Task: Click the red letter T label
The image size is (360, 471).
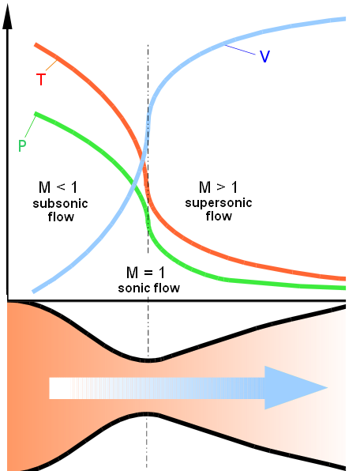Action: (41, 80)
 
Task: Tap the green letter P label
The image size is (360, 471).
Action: (22, 145)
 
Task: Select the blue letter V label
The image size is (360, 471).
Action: (264, 56)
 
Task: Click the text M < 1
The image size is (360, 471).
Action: (58, 187)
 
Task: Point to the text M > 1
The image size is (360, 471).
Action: (218, 187)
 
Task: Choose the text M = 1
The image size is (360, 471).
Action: (146, 273)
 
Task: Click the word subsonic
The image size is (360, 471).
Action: (60, 204)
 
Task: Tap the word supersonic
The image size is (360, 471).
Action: (219, 203)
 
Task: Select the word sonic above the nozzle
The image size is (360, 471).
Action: (132, 288)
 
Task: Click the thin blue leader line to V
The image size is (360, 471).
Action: (240, 50)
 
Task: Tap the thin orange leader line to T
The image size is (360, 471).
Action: (51, 66)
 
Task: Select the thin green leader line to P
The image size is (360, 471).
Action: (30, 128)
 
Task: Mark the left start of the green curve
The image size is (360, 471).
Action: (36, 114)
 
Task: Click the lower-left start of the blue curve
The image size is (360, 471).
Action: (33, 292)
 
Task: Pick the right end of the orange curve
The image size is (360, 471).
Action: (344, 278)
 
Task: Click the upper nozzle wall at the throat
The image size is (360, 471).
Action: (148, 360)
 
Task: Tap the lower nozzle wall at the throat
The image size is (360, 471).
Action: (148, 414)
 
